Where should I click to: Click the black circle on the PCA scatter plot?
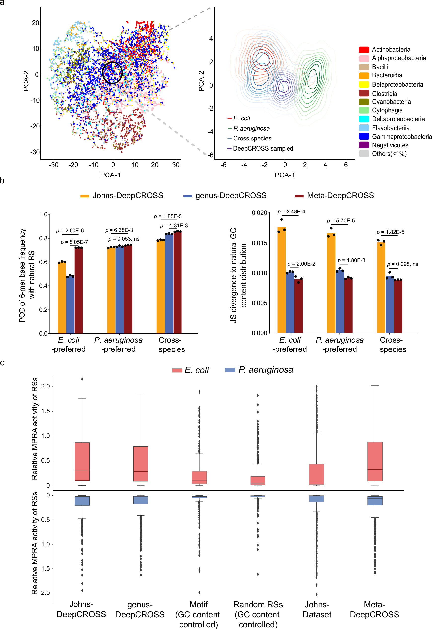point(112,72)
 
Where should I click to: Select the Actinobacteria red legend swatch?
point(364,50)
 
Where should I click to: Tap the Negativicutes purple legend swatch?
point(364,145)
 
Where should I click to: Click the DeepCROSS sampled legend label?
point(263,149)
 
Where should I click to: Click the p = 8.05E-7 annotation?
point(74,242)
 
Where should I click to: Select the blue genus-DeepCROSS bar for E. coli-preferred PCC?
point(70,305)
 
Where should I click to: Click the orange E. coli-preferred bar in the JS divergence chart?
point(282,280)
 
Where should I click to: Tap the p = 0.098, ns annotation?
point(402,264)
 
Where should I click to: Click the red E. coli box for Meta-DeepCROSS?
point(375,461)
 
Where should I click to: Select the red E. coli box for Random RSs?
point(258,480)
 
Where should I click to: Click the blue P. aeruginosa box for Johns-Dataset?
point(316,499)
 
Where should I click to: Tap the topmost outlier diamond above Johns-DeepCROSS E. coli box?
point(82,379)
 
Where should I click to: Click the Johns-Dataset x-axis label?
point(317,609)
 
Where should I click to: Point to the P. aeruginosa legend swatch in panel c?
point(230,370)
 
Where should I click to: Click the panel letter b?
point(2,181)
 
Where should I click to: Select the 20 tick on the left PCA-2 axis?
point(36,23)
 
